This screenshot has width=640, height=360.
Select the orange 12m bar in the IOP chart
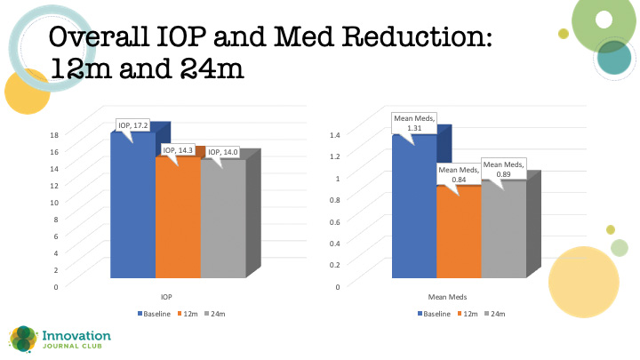tap(177, 222)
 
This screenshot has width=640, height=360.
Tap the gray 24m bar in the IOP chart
tap(222, 224)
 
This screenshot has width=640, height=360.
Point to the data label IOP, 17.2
tap(133, 126)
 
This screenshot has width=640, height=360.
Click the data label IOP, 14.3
tap(179, 151)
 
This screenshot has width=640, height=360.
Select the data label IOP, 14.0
tap(223, 153)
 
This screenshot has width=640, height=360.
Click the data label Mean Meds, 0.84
tap(458, 174)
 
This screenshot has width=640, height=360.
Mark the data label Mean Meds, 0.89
tap(503, 169)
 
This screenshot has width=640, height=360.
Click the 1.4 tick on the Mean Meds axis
tap(334, 134)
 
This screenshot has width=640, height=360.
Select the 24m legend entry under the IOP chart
tap(220, 314)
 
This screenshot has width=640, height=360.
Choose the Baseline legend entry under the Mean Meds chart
tap(433, 314)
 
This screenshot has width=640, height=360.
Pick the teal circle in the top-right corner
tap(613, 57)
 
